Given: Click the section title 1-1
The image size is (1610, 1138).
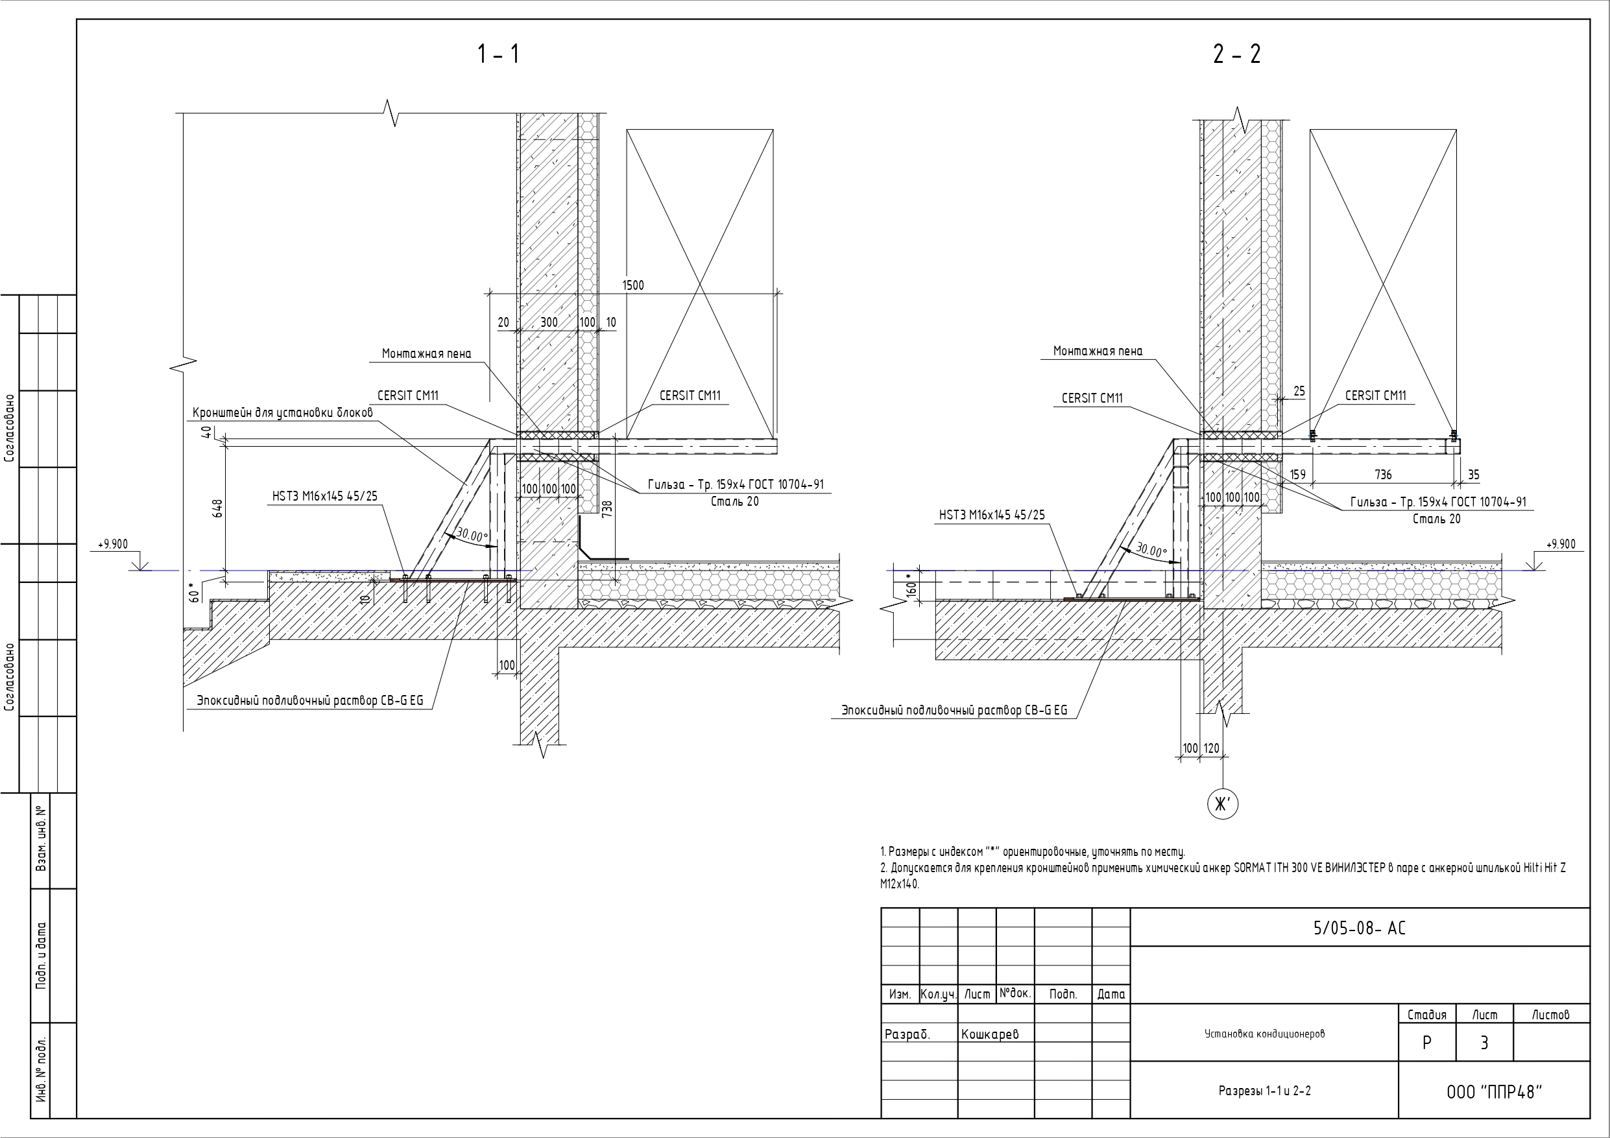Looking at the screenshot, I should (499, 54).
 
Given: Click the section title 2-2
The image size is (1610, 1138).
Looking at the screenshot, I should (1237, 54).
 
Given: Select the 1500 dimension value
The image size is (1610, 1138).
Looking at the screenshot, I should (633, 285).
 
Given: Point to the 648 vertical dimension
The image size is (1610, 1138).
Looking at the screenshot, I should (217, 509).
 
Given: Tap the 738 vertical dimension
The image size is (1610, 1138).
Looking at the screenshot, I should (607, 509).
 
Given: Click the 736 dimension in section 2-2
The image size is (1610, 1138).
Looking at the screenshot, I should (1383, 475).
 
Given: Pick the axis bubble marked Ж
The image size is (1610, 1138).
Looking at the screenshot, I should (1222, 804).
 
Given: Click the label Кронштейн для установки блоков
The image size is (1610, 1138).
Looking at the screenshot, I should (283, 413).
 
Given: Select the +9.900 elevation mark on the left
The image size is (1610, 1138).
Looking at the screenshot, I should (113, 544).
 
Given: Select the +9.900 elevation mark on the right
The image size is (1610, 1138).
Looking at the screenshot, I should (1560, 544).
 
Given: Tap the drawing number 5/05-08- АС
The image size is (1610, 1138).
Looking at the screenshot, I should (1359, 928).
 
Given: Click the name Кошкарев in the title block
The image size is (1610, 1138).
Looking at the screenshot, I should (989, 1034).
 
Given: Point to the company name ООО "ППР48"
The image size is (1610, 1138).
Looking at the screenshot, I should (1495, 1093).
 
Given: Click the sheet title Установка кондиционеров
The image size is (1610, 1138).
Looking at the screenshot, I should (1264, 1034).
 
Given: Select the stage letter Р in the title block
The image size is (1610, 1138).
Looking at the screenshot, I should (1426, 1043).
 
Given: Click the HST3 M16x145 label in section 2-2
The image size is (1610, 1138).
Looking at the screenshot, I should (992, 516).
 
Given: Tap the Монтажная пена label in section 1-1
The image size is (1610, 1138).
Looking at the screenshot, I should (426, 354).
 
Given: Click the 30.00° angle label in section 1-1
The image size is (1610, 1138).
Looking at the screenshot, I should (472, 536).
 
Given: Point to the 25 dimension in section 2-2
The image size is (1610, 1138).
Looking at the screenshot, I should (1299, 391).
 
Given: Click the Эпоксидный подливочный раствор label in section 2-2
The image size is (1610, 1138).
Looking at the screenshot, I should (954, 710).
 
